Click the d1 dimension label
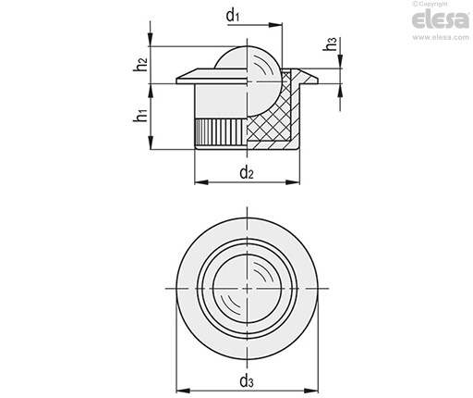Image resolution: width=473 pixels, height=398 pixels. (233, 16)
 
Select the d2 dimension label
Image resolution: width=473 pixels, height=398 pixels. (247, 172)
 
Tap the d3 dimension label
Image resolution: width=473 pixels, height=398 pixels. (247, 380)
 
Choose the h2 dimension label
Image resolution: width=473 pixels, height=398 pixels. (140, 65)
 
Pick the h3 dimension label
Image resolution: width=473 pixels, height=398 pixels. (331, 44)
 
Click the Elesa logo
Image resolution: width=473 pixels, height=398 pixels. (440, 20)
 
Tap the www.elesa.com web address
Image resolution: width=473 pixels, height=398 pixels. (441, 37)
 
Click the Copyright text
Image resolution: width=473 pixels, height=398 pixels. (430, 4)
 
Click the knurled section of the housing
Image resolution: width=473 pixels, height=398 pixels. (221, 132)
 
